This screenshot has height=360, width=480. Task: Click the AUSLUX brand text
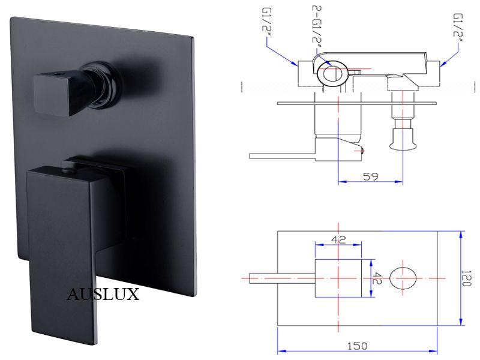pyautogui.click(x=103, y=295)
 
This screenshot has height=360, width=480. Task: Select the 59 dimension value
pyautogui.click(x=370, y=176)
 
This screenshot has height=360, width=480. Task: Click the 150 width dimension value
pyautogui.click(x=357, y=346)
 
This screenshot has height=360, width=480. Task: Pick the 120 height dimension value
pyautogui.click(x=466, y=278)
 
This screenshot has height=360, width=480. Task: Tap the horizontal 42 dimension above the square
pyautogui.click(x=338, y=239)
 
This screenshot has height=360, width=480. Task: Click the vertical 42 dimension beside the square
pyautogui.click(x=378, y=278)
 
